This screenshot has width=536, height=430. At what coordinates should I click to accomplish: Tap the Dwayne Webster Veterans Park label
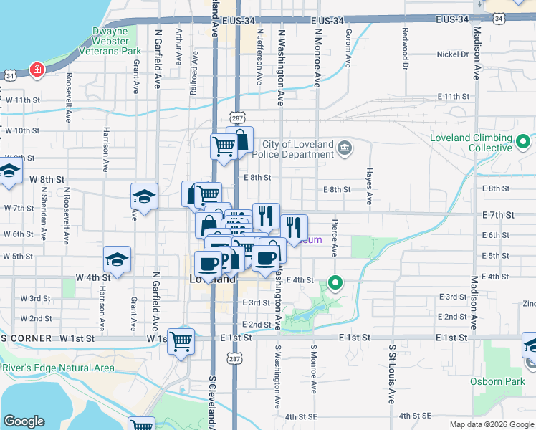point(117,42)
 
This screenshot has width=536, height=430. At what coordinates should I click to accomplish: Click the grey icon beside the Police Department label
point(345,149)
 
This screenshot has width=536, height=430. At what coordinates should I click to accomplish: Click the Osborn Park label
point(504,381)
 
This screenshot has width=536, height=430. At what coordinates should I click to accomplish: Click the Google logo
point(24,421)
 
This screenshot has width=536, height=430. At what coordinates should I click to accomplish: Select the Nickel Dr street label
point(452,54)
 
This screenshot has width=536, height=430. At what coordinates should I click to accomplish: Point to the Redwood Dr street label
point(406,44)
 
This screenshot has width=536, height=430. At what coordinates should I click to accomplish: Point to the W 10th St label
point(21,131)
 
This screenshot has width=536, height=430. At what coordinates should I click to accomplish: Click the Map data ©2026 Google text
point(492,424)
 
